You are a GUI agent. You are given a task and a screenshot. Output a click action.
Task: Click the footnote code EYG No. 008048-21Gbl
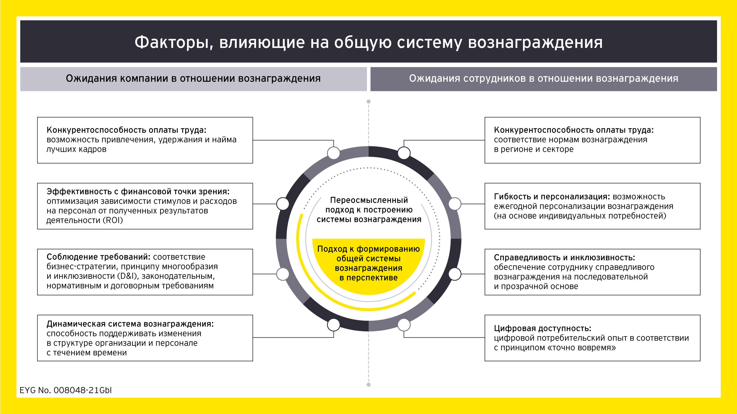(x=65, y=390)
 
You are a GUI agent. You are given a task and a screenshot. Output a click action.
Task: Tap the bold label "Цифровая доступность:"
(x=542, y=328)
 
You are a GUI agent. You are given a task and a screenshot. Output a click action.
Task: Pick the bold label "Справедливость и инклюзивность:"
(x=564, y=257)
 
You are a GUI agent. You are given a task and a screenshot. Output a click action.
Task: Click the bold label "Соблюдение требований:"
(x=98, y=257)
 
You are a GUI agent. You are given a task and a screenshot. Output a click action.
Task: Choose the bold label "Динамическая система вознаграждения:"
(x=130, y=324)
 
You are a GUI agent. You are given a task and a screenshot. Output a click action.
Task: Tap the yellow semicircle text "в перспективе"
(x=368, y=278)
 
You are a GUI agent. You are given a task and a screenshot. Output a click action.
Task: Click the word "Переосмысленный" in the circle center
(x=369, y=200)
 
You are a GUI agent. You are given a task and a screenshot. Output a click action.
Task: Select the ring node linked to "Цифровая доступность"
(x=404, y=324)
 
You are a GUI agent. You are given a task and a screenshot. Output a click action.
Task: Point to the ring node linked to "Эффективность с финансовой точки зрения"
(x=283, y=204)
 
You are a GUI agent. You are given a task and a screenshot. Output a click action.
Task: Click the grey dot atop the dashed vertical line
(x=368, y=101)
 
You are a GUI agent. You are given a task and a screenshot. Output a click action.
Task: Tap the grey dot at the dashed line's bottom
(x=368, y=384)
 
